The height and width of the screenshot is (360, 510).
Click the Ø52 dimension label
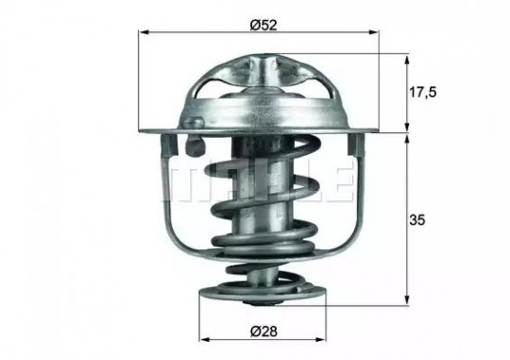[263, 26]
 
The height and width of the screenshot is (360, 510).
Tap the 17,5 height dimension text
[422, 93]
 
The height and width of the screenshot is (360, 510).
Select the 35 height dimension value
[417, 220]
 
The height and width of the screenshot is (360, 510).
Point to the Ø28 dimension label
[263, 332]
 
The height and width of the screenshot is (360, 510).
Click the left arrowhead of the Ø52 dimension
[144, 32]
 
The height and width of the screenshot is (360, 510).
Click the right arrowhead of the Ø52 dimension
[374, 32]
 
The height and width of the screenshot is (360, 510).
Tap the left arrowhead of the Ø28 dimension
[204, 340]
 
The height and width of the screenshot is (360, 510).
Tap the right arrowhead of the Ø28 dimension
[320, 340]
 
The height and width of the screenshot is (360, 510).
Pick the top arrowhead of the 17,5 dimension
[406, 60]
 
